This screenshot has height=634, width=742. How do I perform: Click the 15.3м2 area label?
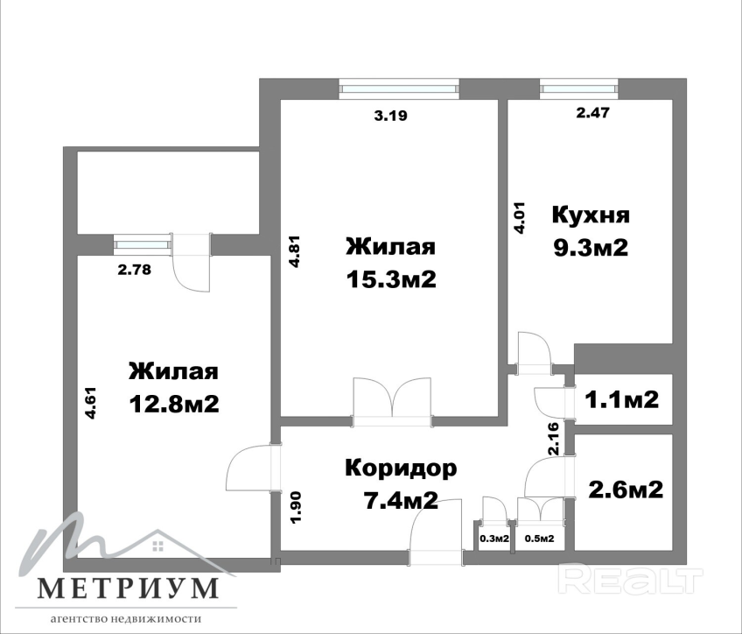[x=391, y=279]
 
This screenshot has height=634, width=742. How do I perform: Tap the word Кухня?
[x=591, y=215]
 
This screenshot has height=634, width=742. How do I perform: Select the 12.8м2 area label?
[x=174, y=404]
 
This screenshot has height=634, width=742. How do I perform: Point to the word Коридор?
[x=402, y=468]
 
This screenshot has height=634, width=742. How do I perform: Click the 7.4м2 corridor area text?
[x=400, y=500]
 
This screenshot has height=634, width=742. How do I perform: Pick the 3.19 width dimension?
[x=391, y=116]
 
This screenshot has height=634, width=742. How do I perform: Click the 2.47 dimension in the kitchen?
[x=593, y=113]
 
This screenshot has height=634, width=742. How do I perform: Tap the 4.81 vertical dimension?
[x=294, y=252]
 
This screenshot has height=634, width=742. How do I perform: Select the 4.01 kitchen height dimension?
[x=520, y=218]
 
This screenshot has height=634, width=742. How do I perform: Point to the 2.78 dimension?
[x=135, y=270]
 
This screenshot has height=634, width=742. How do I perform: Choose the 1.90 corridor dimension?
[x=296, y=507]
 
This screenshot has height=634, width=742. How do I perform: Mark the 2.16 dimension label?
[x=553, y=439]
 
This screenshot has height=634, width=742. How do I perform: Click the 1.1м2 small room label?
[x=622, y=399]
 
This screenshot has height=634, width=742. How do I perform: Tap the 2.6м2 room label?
[x=626, y=490]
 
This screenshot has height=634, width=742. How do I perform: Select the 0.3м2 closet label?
[x=494, y=539]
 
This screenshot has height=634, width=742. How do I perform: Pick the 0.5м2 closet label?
[x=540, y=539]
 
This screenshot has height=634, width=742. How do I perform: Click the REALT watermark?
[x=631, y=578]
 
